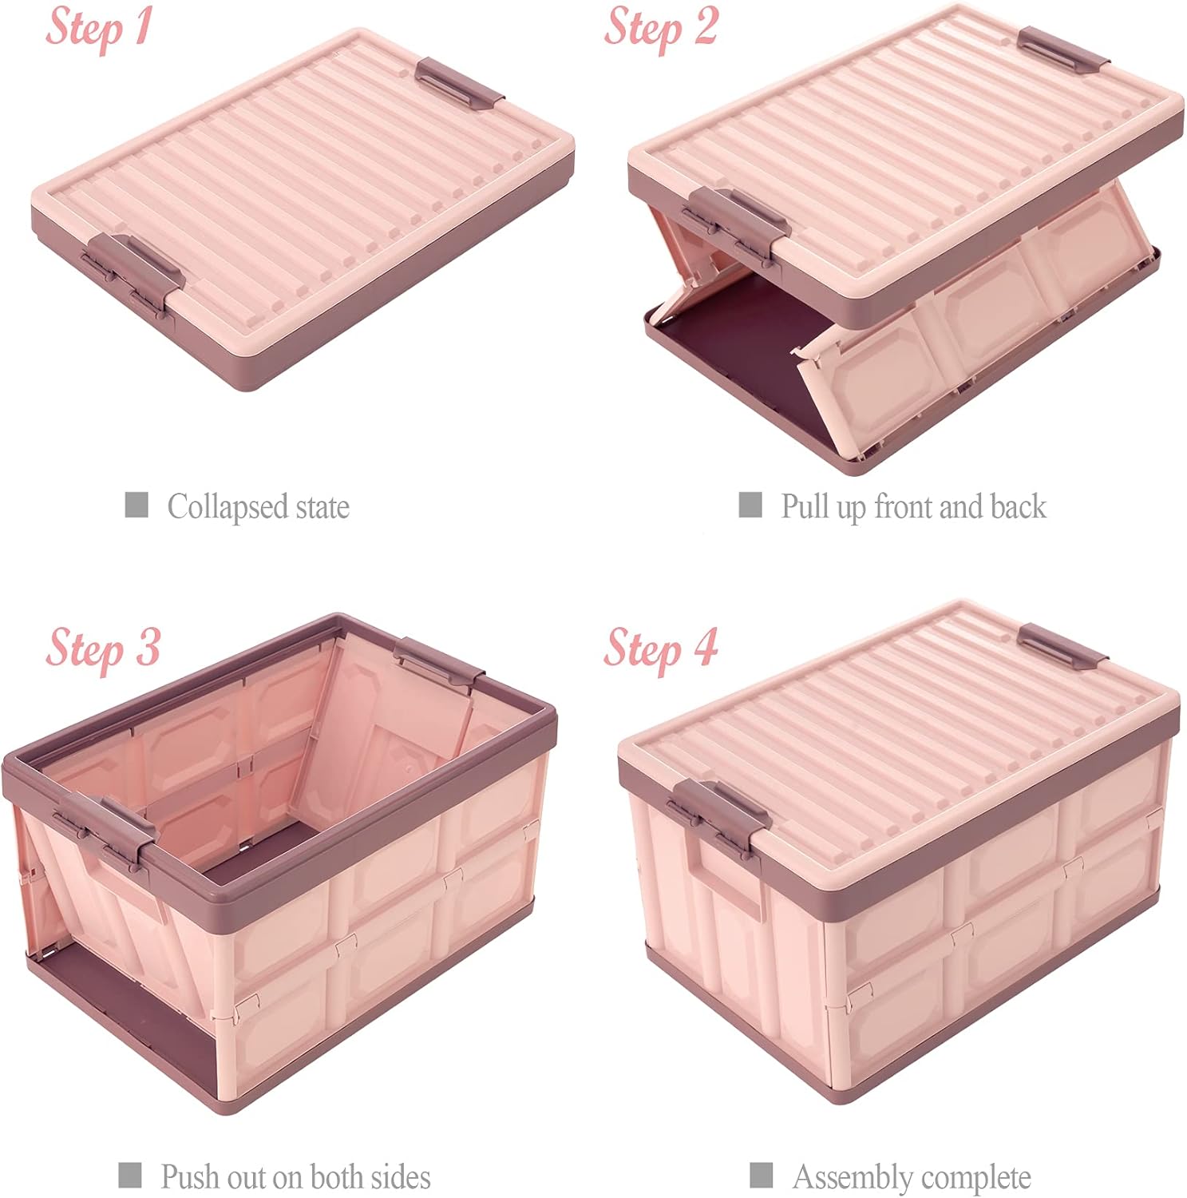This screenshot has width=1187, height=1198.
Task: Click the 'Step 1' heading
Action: coord(98,27)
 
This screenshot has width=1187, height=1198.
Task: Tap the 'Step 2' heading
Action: coord(660,27)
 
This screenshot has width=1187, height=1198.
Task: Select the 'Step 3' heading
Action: coord(103,648)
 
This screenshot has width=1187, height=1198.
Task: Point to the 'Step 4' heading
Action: coord(660,648)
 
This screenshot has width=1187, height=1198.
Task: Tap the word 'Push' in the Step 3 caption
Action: coord(191,1176)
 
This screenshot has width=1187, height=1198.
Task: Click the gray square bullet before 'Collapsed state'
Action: coord(137,505)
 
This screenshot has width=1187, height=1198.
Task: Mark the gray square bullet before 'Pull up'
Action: coord(750,505)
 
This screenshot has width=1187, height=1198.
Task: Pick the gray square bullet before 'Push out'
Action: coord(130,1175)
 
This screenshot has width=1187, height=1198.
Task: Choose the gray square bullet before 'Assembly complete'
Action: coord(762,1175)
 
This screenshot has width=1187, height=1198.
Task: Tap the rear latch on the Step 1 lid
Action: coord(459,80)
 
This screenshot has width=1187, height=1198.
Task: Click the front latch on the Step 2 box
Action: coord(736,222)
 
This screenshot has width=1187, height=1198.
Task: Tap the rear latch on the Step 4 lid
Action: coord(1062,646)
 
